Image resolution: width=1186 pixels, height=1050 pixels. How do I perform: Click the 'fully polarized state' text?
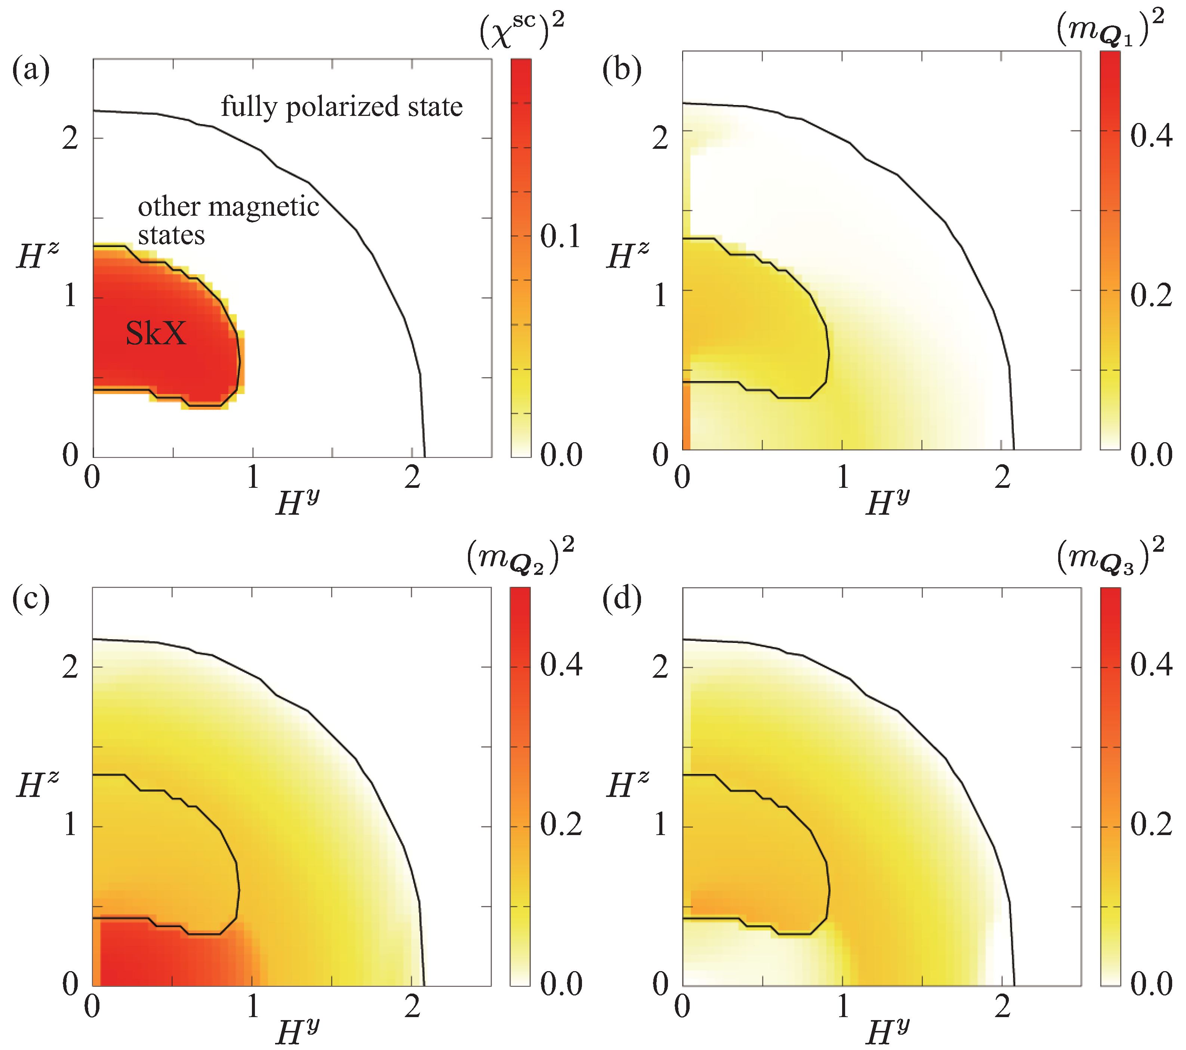tap(342, 107)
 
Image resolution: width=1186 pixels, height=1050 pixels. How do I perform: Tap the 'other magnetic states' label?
tap(228, 221)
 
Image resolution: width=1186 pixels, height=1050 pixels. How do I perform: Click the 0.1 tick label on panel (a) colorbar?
tap(561, 236)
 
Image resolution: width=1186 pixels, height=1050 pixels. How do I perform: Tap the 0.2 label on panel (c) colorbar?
tap(561, 824)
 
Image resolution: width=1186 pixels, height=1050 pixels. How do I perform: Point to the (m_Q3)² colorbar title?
tap(1110, 557)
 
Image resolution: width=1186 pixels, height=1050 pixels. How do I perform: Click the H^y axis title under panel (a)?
tap(298, 502)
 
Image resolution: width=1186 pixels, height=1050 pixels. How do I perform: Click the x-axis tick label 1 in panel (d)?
tap(842, 1007)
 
